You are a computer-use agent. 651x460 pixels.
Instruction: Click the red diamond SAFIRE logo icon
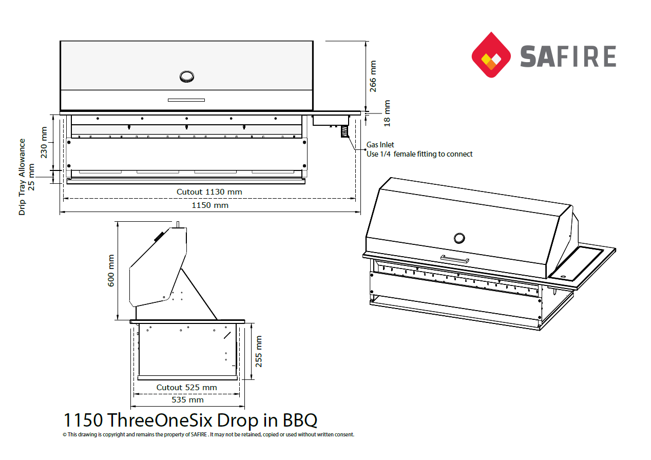pos(491,54)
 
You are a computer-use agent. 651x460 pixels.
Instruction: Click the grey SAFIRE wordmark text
pos(568,56)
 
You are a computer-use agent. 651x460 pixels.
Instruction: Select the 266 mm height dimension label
pos(373,76)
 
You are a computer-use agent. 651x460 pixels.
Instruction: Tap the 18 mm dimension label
pos(387,113)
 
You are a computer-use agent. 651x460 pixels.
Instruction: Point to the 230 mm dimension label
pos(44,142)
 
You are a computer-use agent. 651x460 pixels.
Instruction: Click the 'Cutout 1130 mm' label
pos(209,192)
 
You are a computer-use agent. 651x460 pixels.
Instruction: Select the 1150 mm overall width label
pos(210,205)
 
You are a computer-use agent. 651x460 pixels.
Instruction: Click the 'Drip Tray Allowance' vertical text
pos(22,177)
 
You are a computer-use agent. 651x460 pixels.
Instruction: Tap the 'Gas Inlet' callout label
pos(380,145)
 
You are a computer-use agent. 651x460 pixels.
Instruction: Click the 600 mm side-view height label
pos(111,271)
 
